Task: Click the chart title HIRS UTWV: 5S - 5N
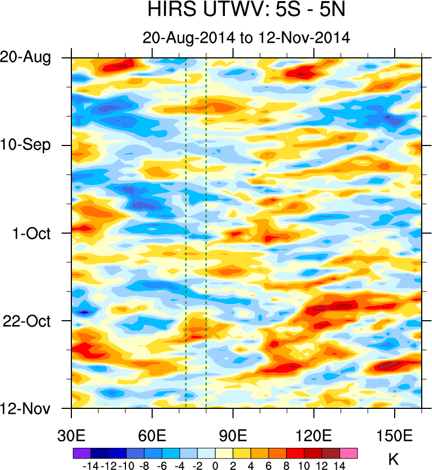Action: click(x=247, y=10)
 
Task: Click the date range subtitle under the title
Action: click(x=247, y=38)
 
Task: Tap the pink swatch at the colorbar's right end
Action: click(x=349, y=453)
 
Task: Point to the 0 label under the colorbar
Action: click(x=215, y=464)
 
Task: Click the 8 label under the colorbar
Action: click(x=287, y=464)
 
